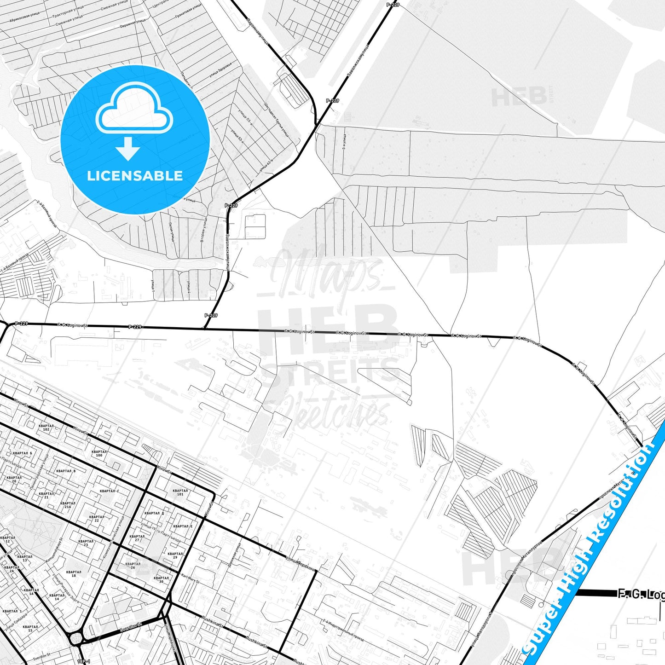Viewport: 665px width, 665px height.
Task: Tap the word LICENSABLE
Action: coord(135,176)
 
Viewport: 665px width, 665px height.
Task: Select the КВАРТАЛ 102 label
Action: coord(46,428)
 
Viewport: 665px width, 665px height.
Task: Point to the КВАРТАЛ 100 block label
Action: coord(99,453)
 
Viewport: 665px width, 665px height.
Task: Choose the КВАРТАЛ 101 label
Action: coord(180,492)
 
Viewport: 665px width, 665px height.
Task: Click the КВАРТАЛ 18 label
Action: coord(74,574)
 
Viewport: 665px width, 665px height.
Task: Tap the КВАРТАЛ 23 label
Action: coord(86,543)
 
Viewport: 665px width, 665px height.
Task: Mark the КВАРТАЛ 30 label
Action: coord(161,579)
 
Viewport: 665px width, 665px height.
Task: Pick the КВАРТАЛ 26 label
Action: coord(133,566)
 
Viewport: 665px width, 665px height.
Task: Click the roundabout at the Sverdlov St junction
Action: coord(75,639)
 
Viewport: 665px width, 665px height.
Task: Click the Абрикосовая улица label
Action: coord(26,18)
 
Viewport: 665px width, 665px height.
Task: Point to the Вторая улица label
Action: coord(203,230)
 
